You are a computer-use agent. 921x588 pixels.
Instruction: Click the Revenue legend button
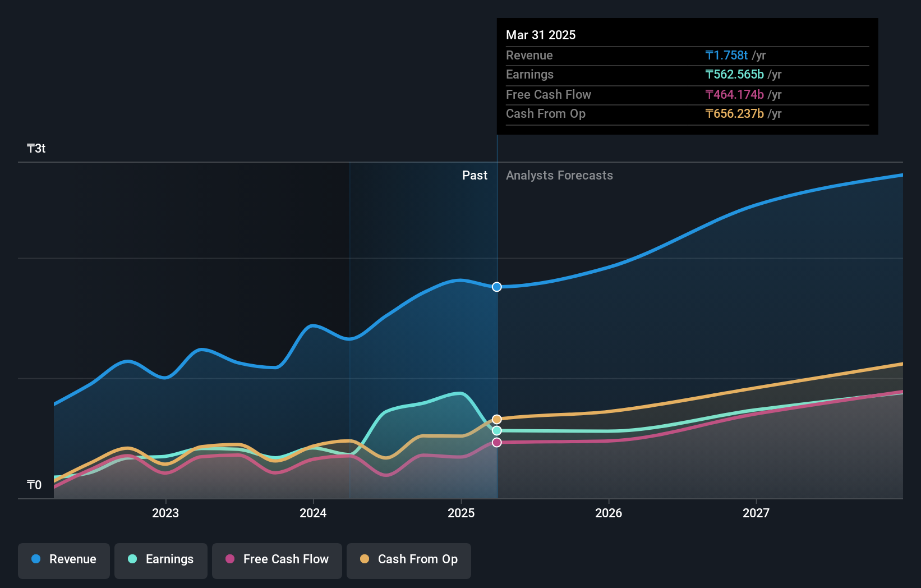click(x=64, y=559)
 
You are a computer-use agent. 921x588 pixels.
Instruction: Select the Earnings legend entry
click(x=161, y=559)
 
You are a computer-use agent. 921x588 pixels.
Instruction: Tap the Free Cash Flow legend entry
click(x=277, y=559)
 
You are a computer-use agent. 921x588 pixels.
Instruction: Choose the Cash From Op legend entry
click(x=409, y=559)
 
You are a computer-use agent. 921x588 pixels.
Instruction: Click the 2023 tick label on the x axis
click(x=165, y=513)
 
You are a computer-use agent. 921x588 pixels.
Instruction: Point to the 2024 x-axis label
click(x=313, y=513)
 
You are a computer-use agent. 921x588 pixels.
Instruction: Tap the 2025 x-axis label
click(x=461, y=513)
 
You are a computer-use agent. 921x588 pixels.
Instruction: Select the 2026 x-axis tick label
click(x=609, y=513)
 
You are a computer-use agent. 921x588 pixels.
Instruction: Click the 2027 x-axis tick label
click(x=756, y=513)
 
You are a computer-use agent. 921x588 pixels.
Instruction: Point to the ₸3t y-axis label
click(x=36, y=149)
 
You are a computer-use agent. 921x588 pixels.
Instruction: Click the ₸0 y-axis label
click(x=34, y=485)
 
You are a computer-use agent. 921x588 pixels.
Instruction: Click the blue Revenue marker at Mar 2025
click(x=497, y=287)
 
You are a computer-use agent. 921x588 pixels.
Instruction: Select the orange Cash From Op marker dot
click(x=497, y=419)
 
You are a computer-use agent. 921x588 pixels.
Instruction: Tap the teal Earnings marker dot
click(x=497, y=430)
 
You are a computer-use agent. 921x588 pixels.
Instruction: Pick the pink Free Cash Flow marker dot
click(x=497, y=443)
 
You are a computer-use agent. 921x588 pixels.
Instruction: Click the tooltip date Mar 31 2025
click(x=541, y=35)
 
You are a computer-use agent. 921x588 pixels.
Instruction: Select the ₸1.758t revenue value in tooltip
click(x=726, y=55)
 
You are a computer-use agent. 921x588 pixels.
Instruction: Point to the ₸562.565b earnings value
click(x=734, y=75)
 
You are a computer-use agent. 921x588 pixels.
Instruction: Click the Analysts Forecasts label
click(x=559, y=176)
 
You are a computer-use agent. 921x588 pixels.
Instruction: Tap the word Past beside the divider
click(x=475, y=176)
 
